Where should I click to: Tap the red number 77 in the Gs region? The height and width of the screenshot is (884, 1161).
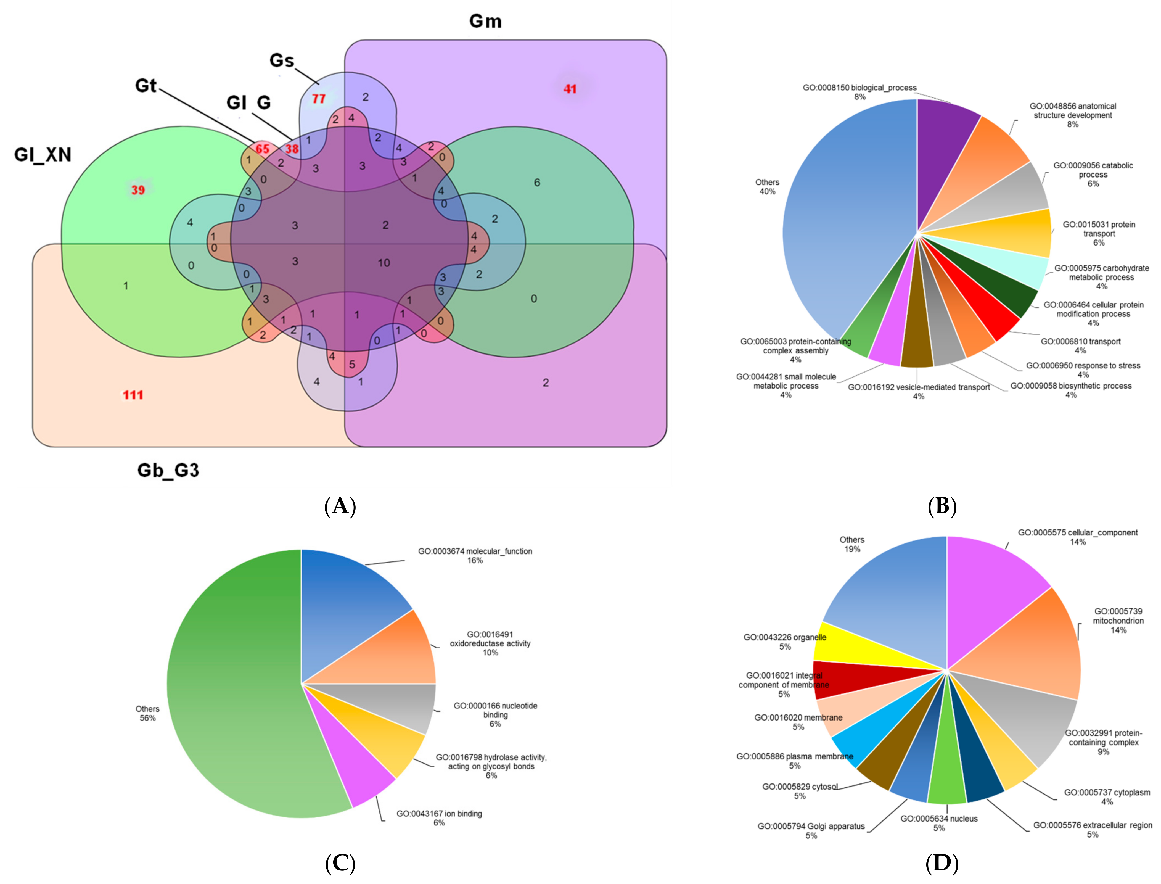[x=319, y=98]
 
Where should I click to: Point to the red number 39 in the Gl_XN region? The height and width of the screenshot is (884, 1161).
[x=138, y=189]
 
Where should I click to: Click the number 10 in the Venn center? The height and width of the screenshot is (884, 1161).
[x=384, y=263]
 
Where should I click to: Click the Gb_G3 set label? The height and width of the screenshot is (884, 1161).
[x=168, y=470]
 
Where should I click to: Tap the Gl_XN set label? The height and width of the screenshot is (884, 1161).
[x=43, y=155]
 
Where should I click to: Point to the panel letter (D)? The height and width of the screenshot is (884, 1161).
[x=942, y=863]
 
